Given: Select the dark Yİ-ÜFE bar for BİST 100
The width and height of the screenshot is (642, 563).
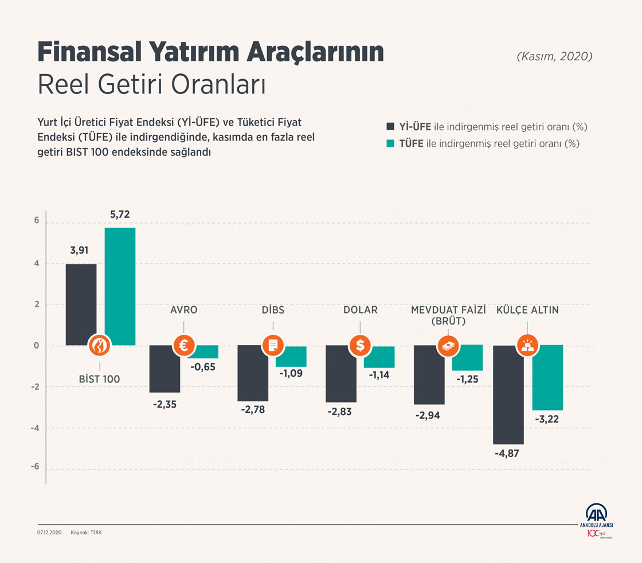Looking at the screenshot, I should [81, 304].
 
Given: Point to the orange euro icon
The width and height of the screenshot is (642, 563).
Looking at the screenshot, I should [184, 346].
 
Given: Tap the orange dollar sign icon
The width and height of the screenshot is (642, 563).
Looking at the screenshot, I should [360, 346].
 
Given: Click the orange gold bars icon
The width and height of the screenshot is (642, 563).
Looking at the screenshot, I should [527, 346].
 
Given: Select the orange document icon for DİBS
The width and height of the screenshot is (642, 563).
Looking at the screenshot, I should [272, 346].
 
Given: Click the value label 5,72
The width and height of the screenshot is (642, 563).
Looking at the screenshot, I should [120, 215].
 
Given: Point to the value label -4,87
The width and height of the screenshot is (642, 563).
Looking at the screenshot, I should [507, 455].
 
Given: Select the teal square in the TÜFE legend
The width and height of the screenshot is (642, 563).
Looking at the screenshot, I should [391, 143].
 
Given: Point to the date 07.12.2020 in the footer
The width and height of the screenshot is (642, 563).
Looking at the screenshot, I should [49, 533].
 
